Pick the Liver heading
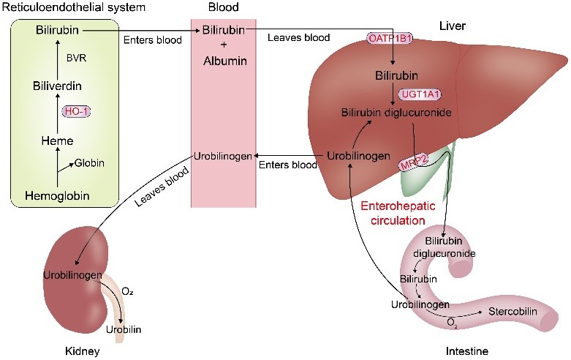point(453,26)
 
